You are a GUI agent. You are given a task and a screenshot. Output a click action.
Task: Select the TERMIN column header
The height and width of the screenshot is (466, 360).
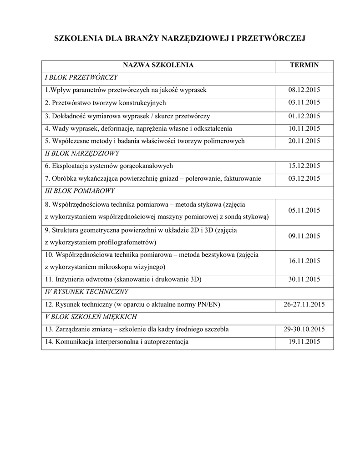304,66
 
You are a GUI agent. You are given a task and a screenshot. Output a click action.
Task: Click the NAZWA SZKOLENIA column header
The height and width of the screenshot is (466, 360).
158,66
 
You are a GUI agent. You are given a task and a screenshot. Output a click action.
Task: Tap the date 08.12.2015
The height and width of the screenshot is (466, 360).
304,90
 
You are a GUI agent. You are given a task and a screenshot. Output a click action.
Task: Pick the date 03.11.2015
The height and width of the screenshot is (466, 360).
304,103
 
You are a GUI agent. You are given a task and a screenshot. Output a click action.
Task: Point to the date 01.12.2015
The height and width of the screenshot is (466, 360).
304,116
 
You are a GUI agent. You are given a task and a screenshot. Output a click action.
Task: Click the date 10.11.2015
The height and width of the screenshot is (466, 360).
304,129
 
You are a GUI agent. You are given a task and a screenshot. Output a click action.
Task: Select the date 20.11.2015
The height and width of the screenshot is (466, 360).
304,142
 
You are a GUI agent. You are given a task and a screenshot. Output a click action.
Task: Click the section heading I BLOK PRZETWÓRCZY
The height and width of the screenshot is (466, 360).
81,77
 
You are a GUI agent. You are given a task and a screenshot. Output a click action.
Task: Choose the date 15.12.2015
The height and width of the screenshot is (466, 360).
304,166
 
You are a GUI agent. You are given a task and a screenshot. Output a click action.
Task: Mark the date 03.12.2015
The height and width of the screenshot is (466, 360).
304,179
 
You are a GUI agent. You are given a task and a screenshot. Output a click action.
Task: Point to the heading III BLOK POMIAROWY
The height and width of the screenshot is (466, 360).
80,191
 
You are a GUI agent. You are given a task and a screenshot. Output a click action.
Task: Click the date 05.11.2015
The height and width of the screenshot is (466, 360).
304,211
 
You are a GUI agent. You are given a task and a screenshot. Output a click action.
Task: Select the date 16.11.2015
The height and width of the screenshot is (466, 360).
304,261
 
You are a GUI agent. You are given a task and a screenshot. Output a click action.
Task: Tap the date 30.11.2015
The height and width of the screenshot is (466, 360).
304,279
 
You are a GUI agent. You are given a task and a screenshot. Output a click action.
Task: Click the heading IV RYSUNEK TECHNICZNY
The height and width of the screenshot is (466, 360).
86,292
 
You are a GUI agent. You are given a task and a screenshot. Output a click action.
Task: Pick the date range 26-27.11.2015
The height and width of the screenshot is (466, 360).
304,304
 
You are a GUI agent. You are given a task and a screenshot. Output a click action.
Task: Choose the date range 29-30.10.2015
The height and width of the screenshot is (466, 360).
304,329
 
